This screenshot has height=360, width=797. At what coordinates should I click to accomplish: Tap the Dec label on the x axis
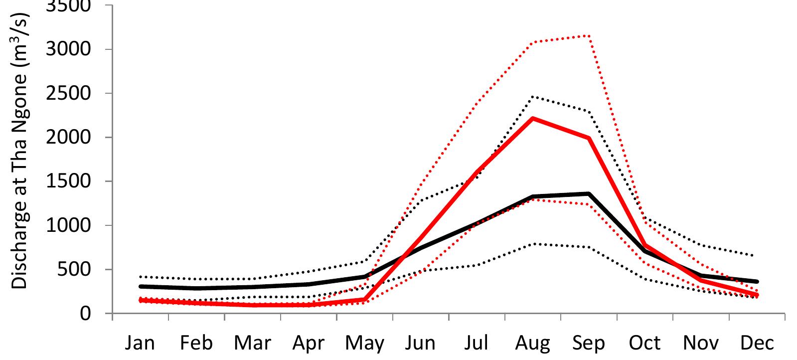(x=757, y=343)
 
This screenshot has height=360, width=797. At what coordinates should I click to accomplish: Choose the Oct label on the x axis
(x=645, y=343)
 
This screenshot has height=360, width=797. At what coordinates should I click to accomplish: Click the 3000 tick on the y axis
(x=75, y=49)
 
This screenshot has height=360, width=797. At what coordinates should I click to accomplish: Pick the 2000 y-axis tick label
(x=75, y=138)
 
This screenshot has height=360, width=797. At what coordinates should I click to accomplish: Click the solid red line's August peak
(x=533, y=118)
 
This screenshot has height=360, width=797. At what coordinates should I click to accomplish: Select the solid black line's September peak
(x=589, y=193)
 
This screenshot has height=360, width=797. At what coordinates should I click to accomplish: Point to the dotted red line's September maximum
(x=589, y=35)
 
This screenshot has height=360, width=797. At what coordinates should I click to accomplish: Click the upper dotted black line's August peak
(x=533, y=96)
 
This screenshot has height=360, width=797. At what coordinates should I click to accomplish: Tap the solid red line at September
(x=589, y=138)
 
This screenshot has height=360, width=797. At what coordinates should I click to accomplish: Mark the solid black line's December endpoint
(x=757, y=282)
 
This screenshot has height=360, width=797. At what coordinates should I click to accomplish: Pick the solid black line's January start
(x=141, y=287)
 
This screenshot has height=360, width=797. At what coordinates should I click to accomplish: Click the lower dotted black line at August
(x=533, y=244)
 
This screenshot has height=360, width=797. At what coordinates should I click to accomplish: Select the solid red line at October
(x=645, y=245)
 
